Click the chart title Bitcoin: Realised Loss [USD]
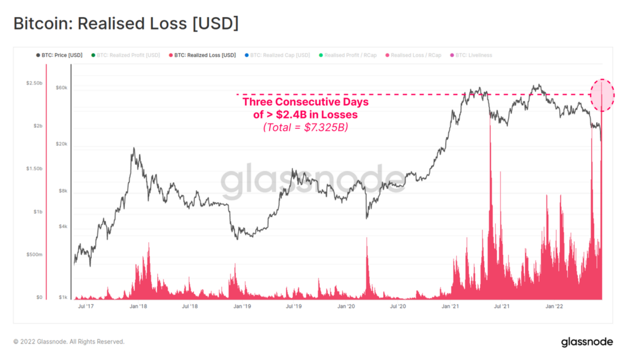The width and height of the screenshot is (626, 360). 126,24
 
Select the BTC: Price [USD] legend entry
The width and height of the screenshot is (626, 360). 60,55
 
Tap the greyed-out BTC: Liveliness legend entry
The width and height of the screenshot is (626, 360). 471,55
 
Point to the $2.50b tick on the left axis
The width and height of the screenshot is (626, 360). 34,83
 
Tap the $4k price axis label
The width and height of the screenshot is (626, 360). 62,227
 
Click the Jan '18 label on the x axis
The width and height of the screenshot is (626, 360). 139,306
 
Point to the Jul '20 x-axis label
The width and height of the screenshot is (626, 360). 397,306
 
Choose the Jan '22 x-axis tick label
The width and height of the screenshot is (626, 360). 554,306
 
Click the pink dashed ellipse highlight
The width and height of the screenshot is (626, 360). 602,95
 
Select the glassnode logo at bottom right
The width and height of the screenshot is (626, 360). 587,342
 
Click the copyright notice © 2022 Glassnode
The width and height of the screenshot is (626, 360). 68,342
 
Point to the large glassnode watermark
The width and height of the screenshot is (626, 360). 312,180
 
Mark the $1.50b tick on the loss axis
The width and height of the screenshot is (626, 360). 34,169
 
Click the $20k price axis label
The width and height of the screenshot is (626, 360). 61,144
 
